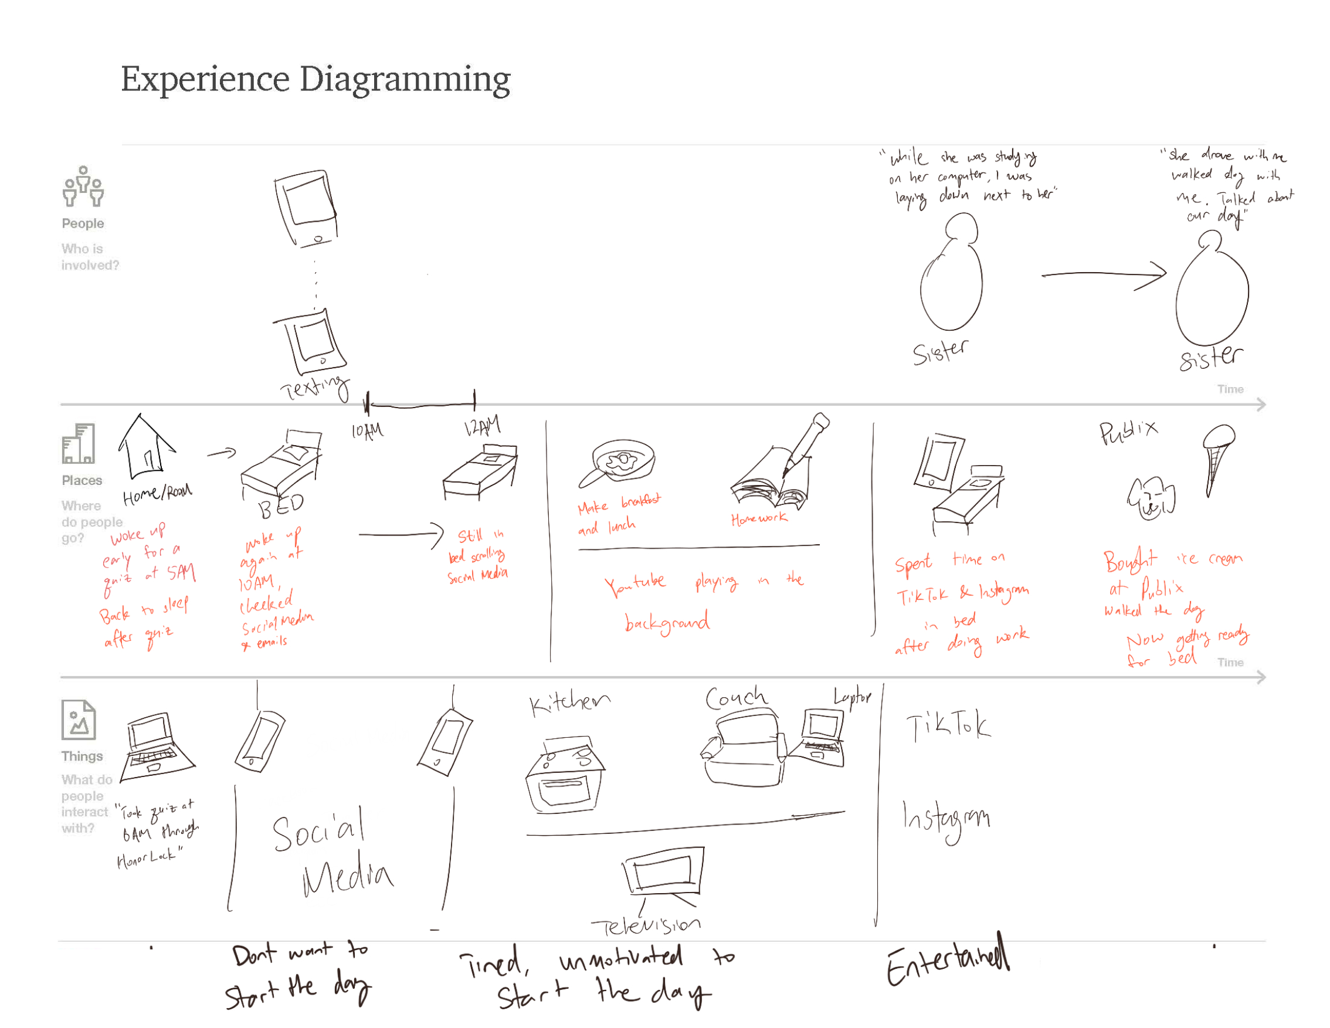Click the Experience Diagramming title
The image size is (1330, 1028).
tap(315, 79)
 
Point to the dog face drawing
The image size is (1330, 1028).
tap(1151, 498)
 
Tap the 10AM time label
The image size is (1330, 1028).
tap(367, 431)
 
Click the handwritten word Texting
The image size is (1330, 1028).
tap(315, 387)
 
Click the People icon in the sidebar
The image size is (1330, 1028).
tap(83, 186)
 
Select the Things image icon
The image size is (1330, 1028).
tap(79, 720)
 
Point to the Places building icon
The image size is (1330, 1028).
tap(78, 443)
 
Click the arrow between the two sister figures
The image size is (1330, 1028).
tap(1104, 275)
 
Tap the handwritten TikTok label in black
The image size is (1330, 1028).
tap(948, 726)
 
